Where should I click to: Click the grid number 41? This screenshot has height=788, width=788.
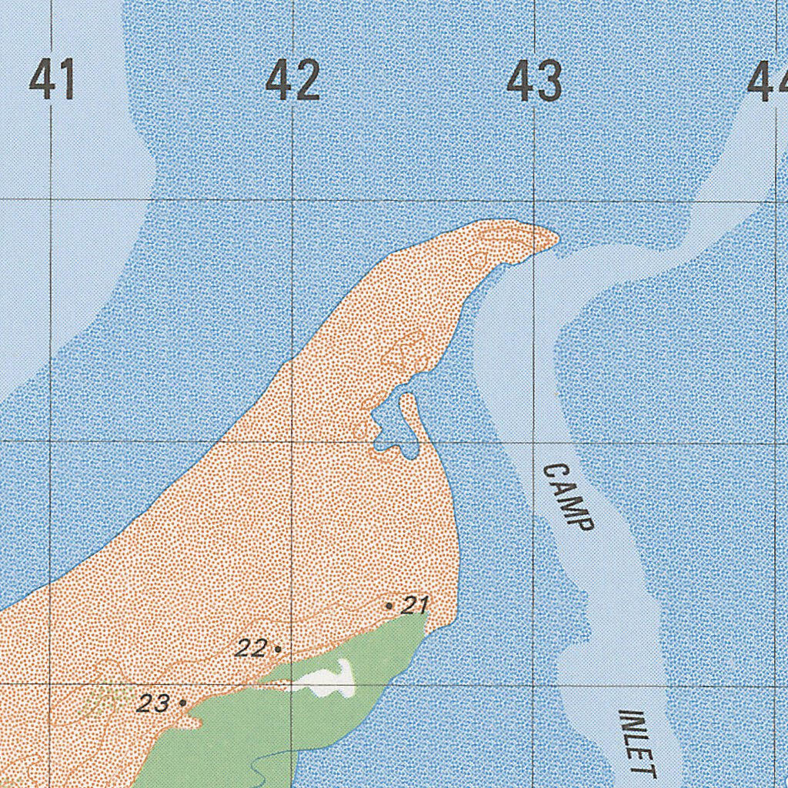[52, 80]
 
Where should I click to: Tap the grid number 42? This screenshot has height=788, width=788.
[292, 80]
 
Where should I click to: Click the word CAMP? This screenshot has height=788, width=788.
[568, 497]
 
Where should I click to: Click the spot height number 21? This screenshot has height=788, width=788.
[415, 605]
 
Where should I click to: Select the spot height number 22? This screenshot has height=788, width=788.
[251, 648]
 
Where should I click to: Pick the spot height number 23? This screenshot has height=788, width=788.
[153, 703]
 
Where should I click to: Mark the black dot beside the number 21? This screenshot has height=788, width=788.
[389, 606]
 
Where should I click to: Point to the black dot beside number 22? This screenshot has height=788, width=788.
[277, 649]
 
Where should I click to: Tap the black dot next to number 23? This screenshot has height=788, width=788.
[182, 703]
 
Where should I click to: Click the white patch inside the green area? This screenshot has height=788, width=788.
[329, 680]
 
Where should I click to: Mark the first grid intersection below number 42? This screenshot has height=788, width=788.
[292, 201]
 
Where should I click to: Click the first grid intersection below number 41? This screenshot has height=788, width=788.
[51, 199]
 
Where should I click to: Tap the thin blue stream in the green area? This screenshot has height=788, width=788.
[265, 762]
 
